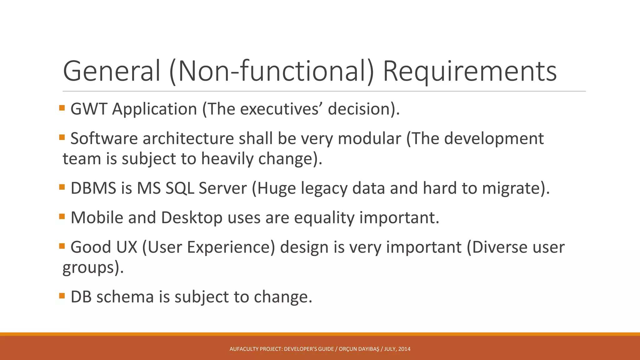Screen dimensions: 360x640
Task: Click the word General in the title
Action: (x=112, y=71)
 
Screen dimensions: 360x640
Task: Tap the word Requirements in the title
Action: (x=470, y=71)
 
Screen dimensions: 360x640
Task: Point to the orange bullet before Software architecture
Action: (x=62, y=137)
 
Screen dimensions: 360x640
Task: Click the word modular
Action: (x=369, y=138)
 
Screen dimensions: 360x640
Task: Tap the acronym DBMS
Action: (x=93, y=188)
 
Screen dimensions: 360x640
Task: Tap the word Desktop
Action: (x=192, y=217)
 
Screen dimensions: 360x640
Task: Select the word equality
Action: (x=324, y=217)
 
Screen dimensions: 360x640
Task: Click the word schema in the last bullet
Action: (x=125, y=297)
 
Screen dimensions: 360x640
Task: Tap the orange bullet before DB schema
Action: (x=62, y=295)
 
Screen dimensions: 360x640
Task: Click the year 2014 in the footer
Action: (x=404, y=349)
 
